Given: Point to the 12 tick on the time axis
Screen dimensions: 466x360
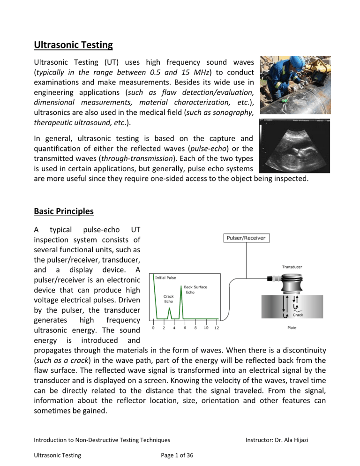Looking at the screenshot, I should (217, 328).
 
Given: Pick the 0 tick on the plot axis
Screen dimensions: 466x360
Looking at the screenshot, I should (154, 328).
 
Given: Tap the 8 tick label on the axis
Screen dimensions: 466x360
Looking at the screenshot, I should (195, 328).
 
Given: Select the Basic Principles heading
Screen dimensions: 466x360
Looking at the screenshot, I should (64, 211).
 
